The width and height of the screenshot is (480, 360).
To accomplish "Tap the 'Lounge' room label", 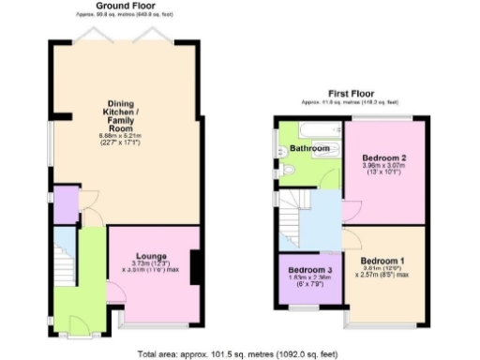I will click(151, 255).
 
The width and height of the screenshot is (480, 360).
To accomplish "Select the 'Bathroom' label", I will click(308, 149).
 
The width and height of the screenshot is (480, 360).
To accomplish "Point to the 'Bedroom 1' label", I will click(382, 261).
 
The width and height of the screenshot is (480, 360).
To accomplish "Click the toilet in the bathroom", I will click(287, 168).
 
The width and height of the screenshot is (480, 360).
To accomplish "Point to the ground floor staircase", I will click(63, 262).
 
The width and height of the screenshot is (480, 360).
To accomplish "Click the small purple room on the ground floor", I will click(65, 205).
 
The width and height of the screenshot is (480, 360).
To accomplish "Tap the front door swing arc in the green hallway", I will click(77, 322).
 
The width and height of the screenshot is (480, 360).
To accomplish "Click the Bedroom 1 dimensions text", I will click(382, 275).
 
